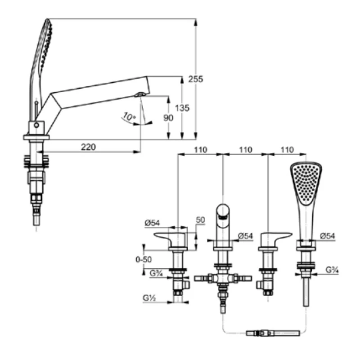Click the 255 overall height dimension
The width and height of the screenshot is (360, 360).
(196, 79)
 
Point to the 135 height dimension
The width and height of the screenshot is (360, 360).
(182, 108)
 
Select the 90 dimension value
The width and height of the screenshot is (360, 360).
(168, 118)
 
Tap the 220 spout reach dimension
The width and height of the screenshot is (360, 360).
(88, 147)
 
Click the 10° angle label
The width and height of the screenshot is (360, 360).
(129, 117)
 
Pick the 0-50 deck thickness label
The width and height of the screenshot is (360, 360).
(144, 260)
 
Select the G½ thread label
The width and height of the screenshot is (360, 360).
(149, 298)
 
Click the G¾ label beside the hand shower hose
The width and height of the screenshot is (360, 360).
(332, 270)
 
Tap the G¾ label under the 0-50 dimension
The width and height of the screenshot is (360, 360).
(156, 273)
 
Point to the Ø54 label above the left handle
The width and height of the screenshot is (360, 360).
(152, 223)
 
